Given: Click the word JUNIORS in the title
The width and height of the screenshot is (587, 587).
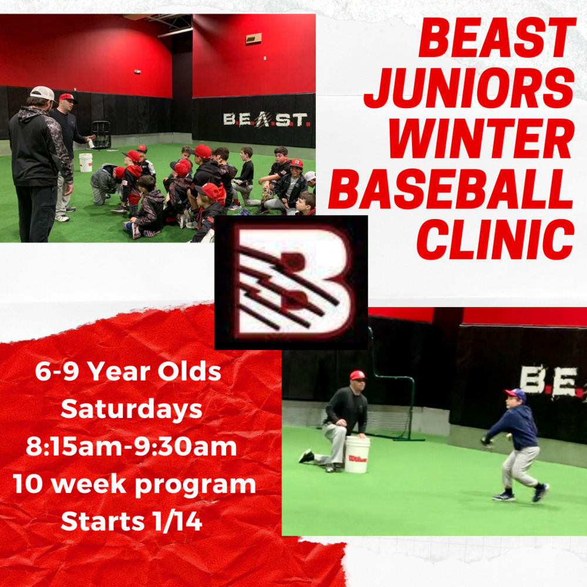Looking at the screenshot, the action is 469,88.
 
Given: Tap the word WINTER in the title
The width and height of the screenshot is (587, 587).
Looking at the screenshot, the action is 481,139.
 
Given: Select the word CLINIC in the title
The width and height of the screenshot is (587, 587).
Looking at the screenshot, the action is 495,239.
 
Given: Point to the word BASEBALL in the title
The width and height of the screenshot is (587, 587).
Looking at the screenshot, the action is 451,188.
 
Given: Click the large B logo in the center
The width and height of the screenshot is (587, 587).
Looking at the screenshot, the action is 291,283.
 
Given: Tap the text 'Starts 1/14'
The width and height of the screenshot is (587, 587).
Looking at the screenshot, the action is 131,521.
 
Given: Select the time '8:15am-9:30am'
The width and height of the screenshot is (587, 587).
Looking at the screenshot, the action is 131,447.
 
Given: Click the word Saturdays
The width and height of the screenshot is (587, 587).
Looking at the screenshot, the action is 131,409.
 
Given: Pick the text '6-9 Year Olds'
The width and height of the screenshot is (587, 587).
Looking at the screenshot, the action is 128,372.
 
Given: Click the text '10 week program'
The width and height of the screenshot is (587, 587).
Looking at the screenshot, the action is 134,485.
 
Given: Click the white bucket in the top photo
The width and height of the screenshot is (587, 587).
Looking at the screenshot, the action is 86,162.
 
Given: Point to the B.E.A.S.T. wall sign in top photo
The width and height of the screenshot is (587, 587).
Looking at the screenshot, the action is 265,120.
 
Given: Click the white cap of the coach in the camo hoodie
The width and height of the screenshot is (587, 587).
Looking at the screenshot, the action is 43,93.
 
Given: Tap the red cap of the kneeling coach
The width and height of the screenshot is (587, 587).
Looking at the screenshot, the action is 357,375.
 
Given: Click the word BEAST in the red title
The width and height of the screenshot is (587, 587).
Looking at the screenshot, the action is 497,38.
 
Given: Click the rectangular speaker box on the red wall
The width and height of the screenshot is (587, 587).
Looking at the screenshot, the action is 254,39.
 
